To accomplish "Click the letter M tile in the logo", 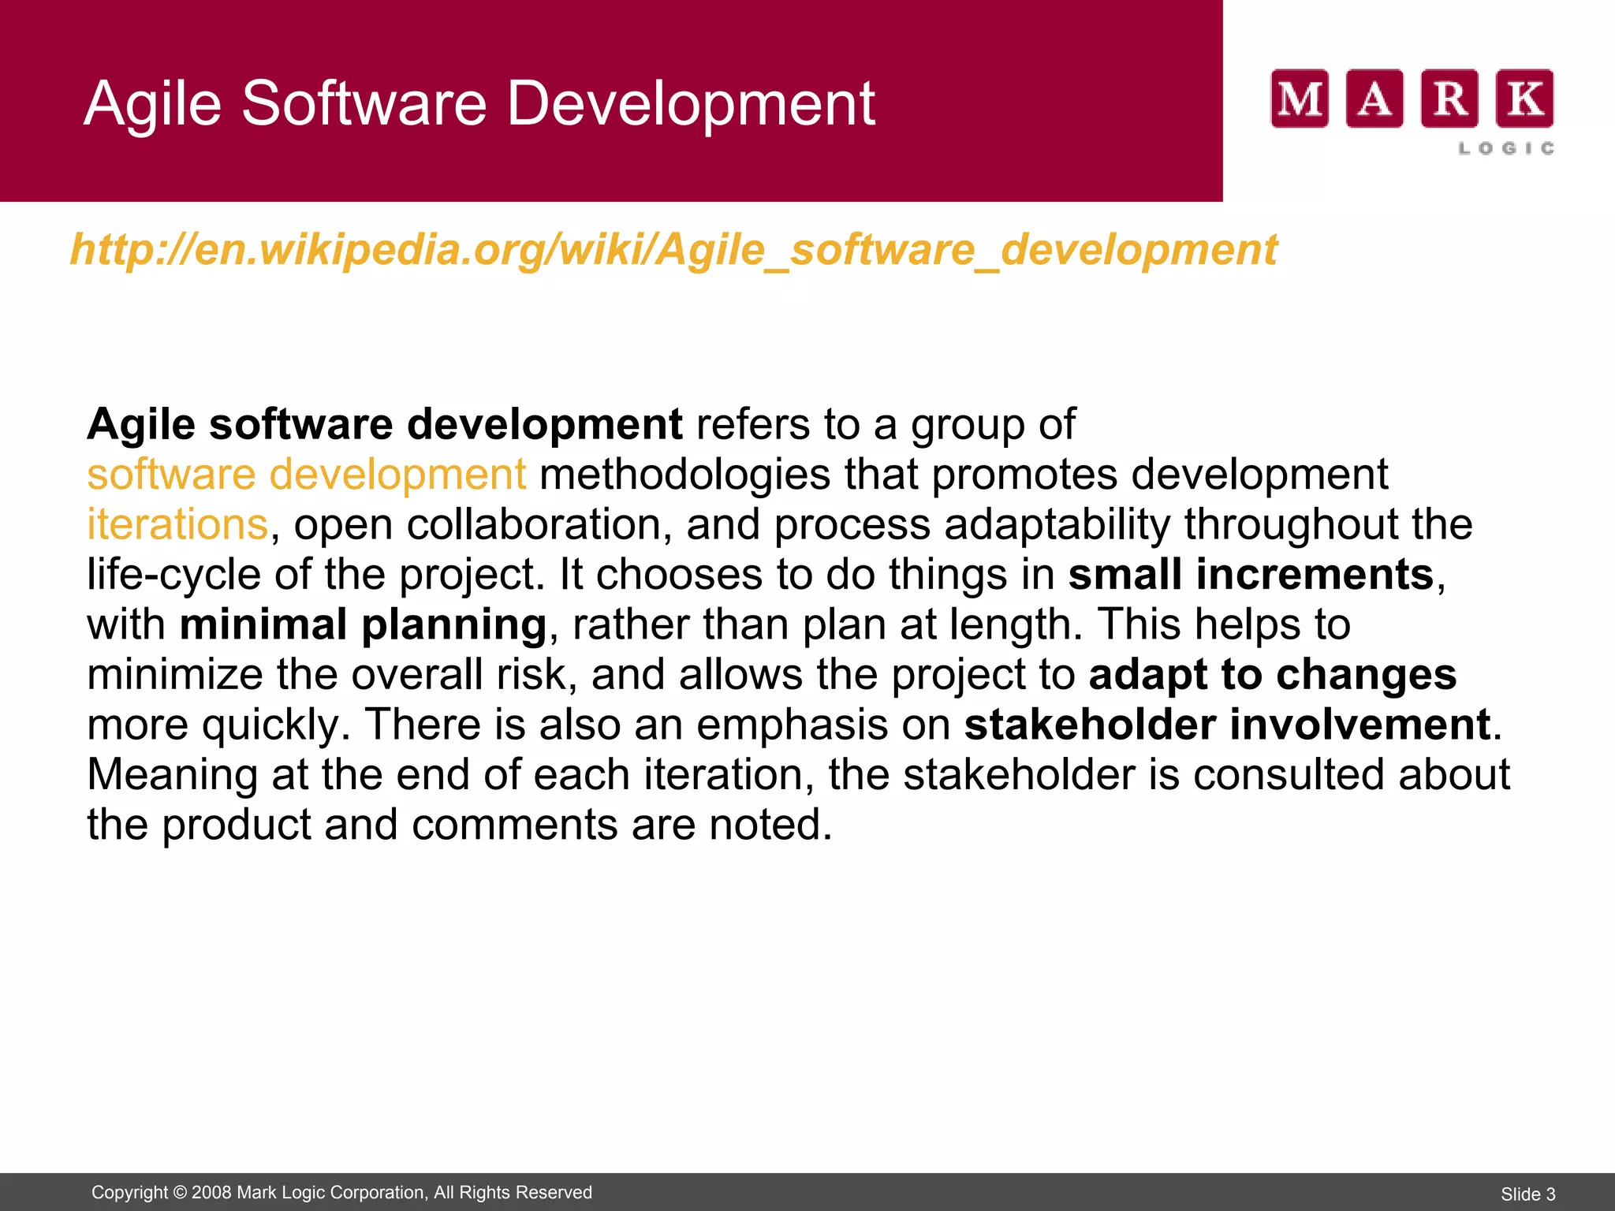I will [1300, 99].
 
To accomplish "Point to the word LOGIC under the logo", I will [1506, 148].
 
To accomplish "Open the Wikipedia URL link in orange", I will [673, 250].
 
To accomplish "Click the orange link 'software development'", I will [306, 475].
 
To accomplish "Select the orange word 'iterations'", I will [177, 525].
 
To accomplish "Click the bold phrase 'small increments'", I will [1251, 575].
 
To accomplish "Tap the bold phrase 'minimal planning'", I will [363, 624].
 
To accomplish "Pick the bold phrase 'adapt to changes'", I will [1272, 675].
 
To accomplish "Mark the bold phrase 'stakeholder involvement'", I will [1227, 725].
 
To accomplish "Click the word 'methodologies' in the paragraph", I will [684, 475].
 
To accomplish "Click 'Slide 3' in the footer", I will [1527, 1194].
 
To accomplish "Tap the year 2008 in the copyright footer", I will [211, 1192].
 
